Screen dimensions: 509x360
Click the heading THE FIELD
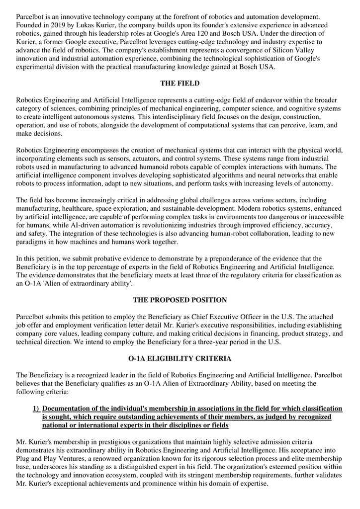tap(180, 84)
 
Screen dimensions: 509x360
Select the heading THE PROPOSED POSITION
tap(180, 300)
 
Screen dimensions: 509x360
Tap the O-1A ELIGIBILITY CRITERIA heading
tap(180, 358)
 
